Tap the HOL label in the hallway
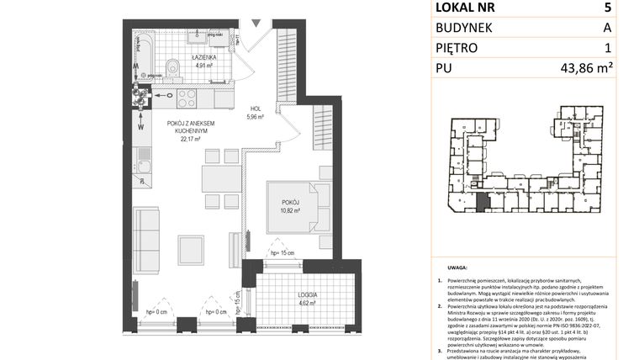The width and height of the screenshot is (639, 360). coord(255,108)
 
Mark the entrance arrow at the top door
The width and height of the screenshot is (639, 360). coord(261,23)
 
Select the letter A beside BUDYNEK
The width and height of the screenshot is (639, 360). coord(606,29)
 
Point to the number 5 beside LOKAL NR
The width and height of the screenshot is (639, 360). coord(606,8)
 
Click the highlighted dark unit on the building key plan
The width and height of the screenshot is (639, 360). coord(482,202)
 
